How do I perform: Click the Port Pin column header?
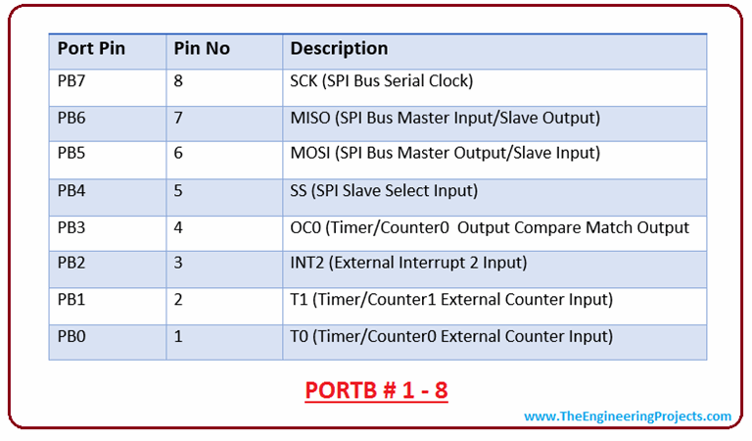click(91, 48)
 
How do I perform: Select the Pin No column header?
click(202, 48)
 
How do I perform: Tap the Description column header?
click(339, 48)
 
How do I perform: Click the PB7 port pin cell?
click(72, 81)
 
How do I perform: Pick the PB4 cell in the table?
click(72, 191)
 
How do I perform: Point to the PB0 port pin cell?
click(72, 336)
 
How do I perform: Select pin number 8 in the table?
click(178, 81)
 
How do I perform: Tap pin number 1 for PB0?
click(178, 336)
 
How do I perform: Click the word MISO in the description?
click(310, 118)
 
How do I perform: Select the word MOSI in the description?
click(310, 153)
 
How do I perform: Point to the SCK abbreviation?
click(305, 81)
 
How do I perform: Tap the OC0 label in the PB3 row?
click(305, 227)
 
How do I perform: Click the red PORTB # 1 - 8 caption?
click(376, 390)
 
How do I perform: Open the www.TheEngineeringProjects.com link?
click(627, 416)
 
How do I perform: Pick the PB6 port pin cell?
click(72, 118)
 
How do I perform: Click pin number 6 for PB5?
click(178, 153)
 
